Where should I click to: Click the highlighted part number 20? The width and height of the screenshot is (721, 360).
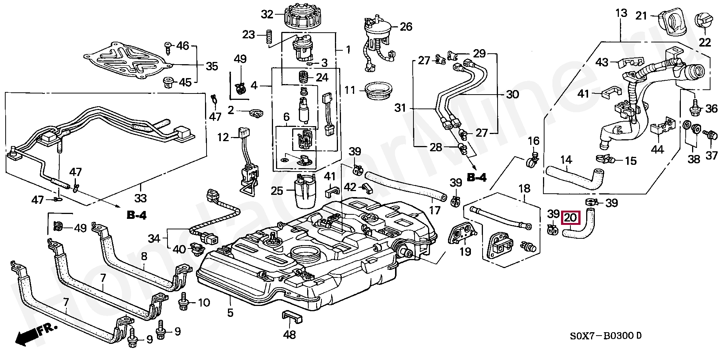pyautogui.click(x=570, y=218)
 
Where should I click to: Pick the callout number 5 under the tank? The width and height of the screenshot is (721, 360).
pyautogui.click(x=230, y=312)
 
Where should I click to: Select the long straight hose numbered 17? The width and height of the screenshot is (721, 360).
pyautogui.click(x=406, y=185)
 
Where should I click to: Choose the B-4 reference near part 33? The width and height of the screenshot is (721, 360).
pyautogui.click(x=136, y=215)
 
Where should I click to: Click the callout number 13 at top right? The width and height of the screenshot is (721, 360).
pyautogui.click(x=621, y=14)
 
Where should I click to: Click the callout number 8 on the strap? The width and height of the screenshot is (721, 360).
pyautogui.click(x=144, y=257)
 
